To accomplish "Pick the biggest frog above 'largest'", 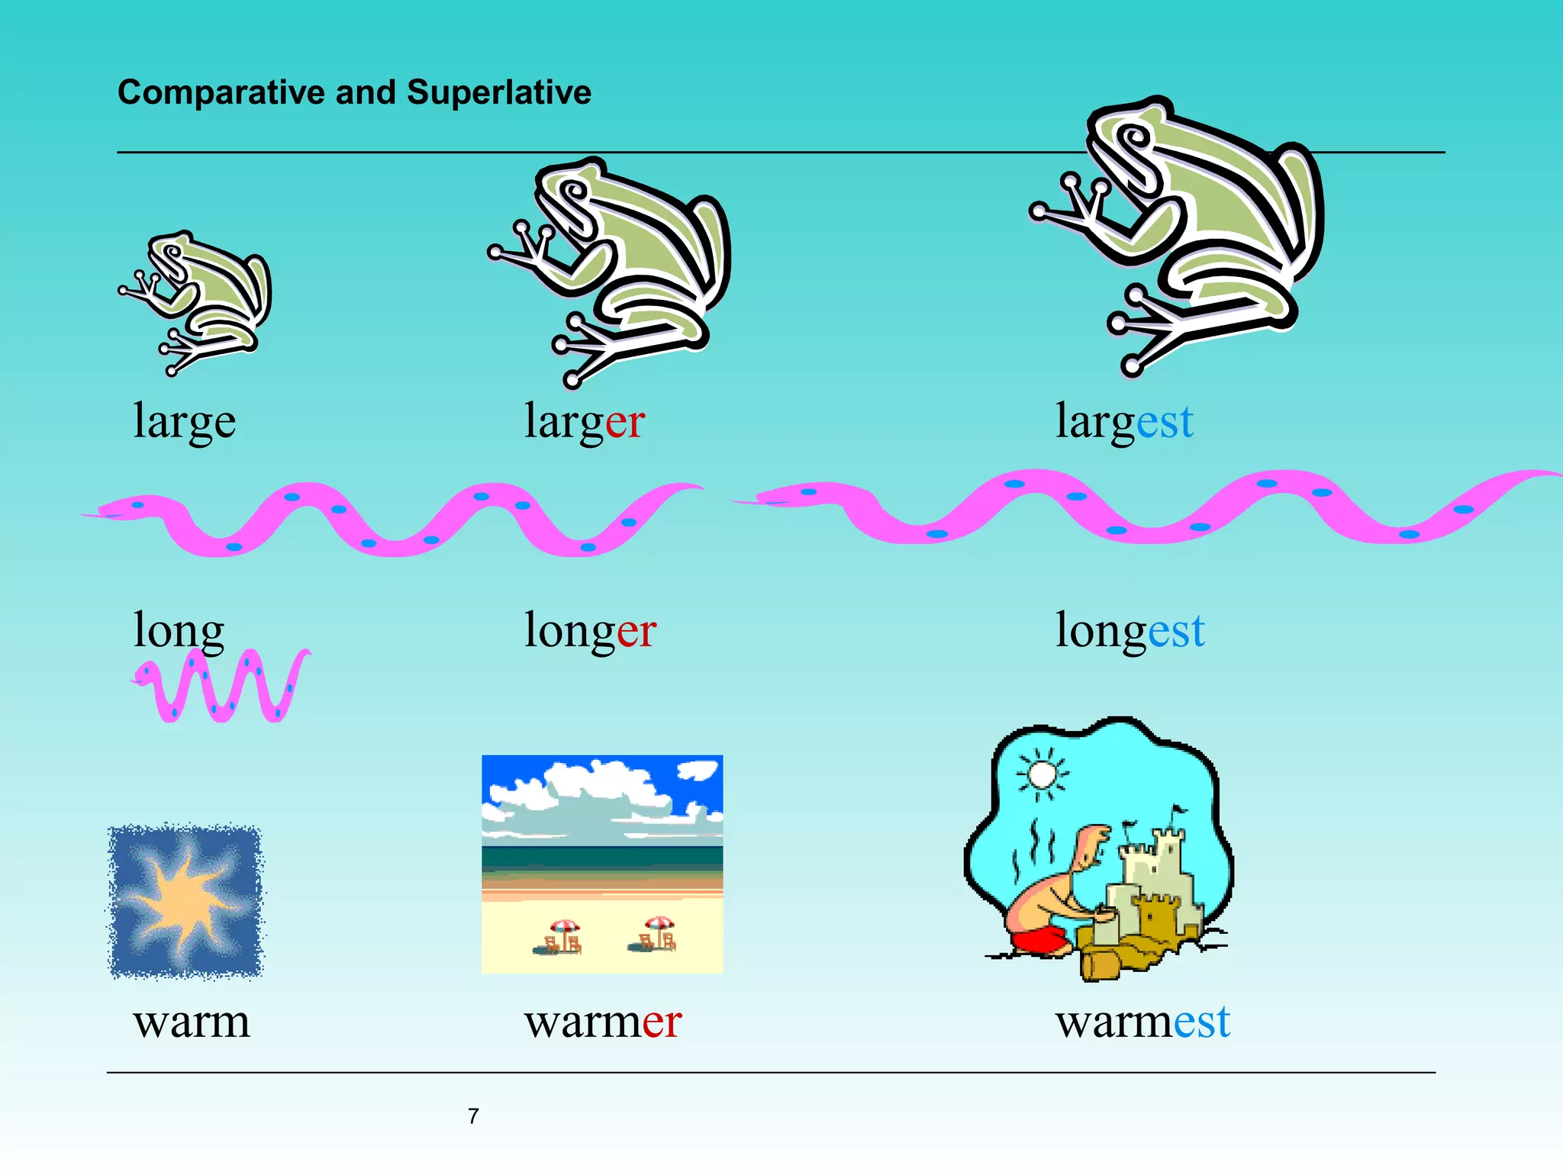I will (1191, 229).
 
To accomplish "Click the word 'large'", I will (184, 422).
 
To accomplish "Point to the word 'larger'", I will (584, 422).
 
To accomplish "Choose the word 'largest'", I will (1123, 422).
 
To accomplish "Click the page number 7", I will (473, 1116).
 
